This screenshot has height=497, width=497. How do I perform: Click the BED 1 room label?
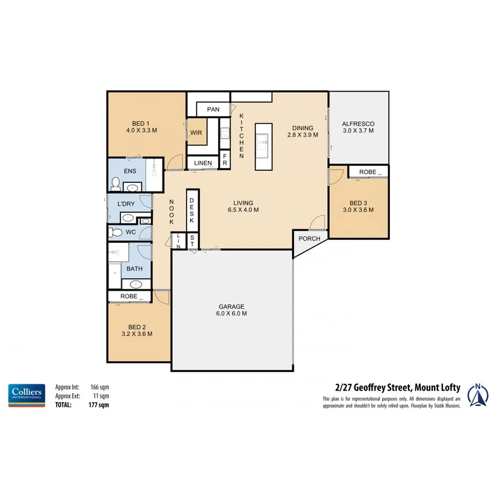(x=141, y=127)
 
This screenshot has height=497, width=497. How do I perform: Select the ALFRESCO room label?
(x=358, y=127)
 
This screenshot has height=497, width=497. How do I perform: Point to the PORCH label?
(x=309, y=239)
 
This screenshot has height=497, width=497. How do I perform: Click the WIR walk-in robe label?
(x=196, y=133)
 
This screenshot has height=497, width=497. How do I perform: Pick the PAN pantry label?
(x=213, y=109)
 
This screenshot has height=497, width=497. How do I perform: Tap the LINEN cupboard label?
(x=202, y=163)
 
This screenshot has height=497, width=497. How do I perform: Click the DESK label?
(x=192, y=211)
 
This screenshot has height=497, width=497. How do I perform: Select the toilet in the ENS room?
(x=116, y=183)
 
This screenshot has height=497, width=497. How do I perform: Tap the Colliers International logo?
(x=27, y=395)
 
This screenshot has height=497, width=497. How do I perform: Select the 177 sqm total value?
(x=100, y=404)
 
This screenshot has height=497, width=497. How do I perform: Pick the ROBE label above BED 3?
(x=367, y=172)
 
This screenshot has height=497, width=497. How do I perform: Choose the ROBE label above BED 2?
(x=129, y=297)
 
